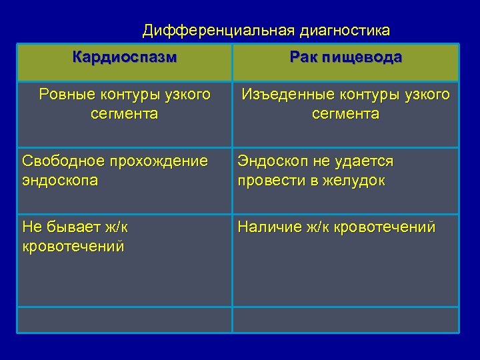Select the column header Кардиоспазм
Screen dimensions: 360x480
tap(125, 57)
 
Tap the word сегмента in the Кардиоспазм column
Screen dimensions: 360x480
tap(125, 114)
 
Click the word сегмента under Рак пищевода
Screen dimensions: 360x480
tap(345, 114)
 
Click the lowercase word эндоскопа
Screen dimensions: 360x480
tap(60, 180)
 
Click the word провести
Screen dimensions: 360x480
tap(267, 180)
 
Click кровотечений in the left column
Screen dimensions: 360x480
tap(73, 246)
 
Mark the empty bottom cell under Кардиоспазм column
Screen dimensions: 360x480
tap(125, 319)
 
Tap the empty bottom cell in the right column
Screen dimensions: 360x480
tap(345, 319)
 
